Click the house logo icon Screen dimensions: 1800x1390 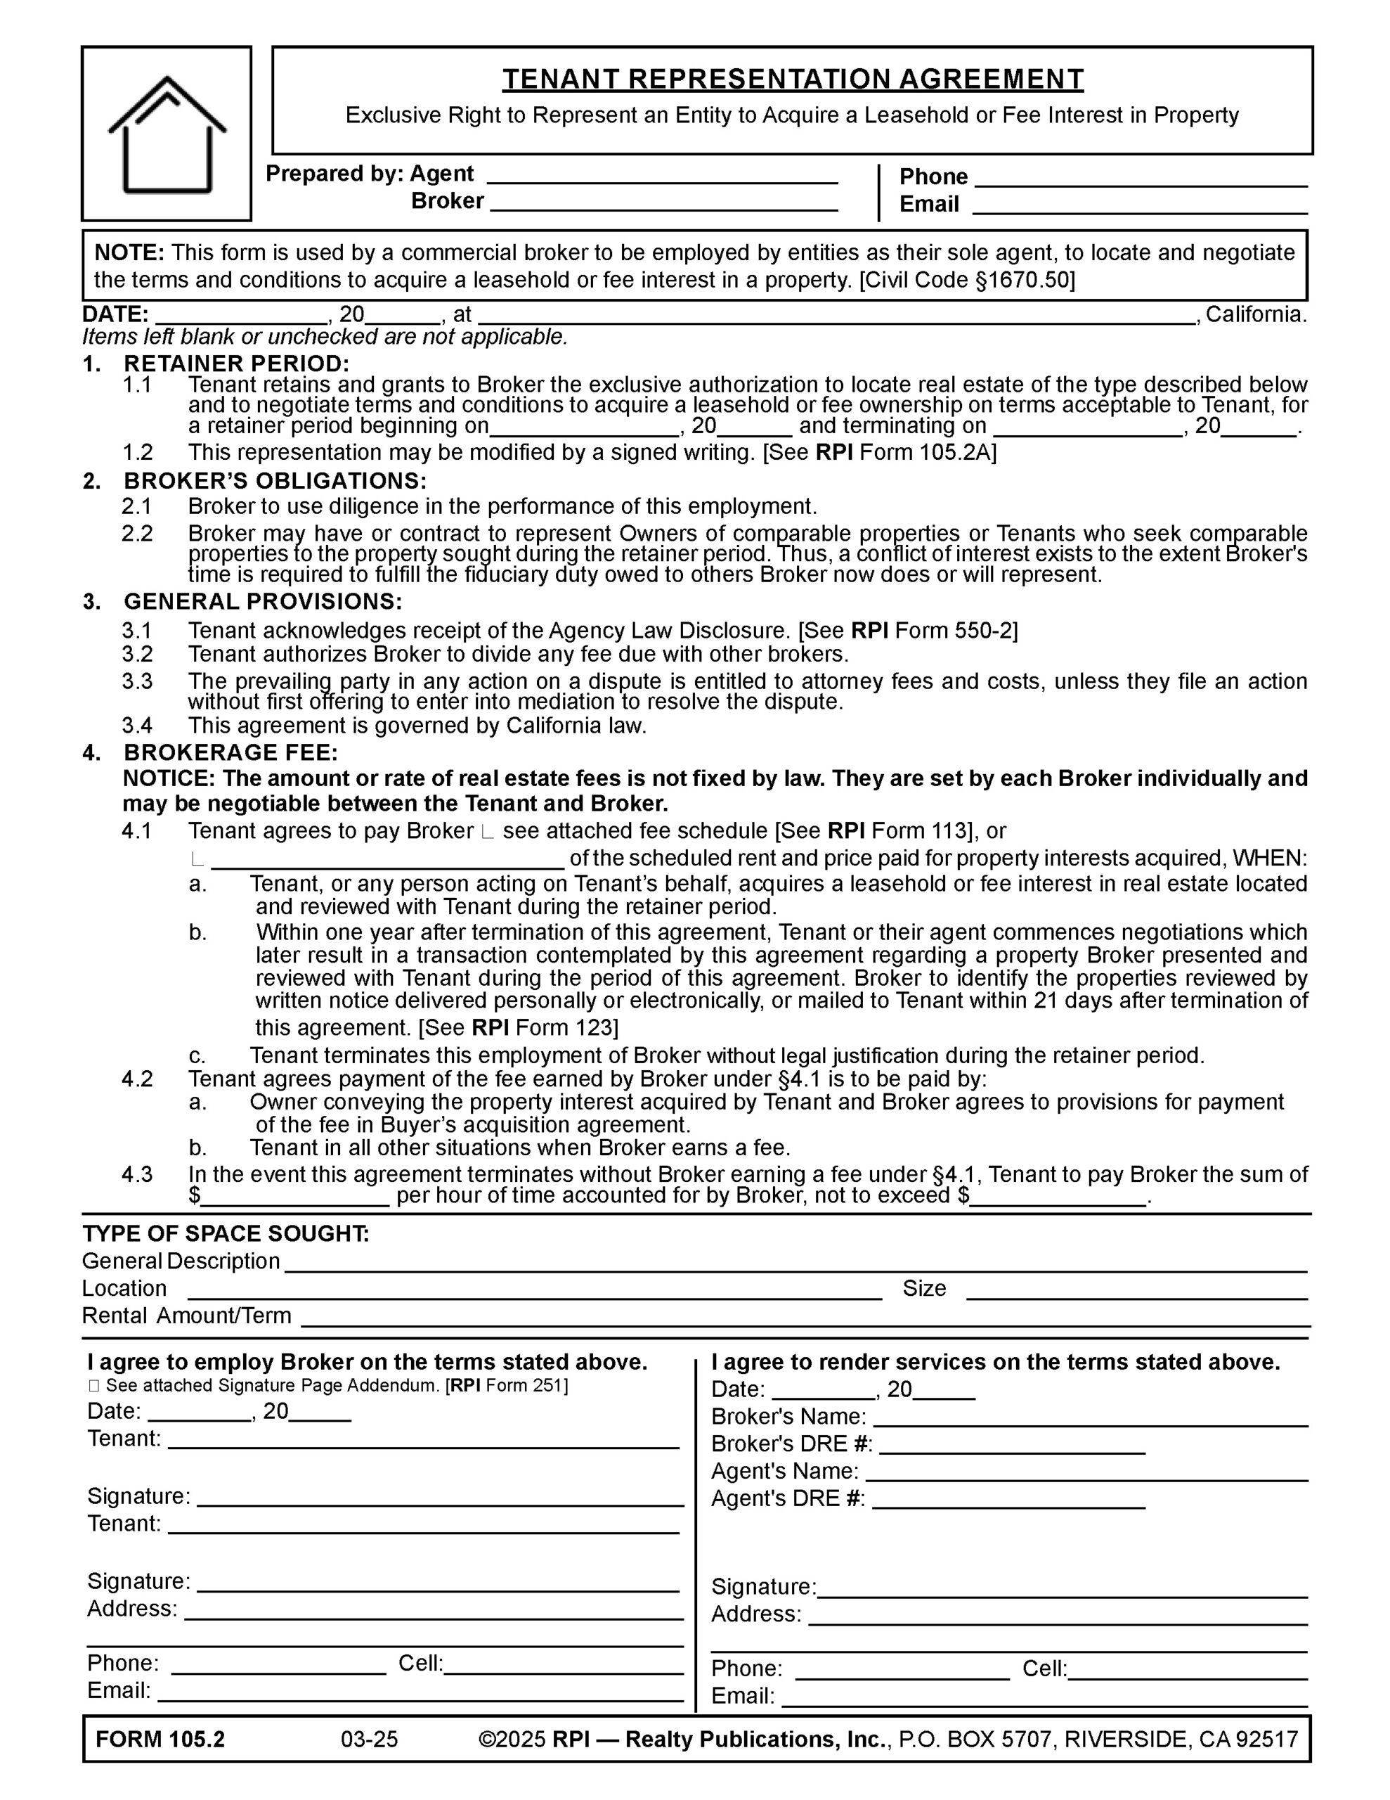(x=167, y=134)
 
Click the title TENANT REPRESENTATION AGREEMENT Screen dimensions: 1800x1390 (x=792, y=79)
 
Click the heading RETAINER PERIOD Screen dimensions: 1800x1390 (x=237, y=364)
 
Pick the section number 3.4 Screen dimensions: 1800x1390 (x=138, y=726)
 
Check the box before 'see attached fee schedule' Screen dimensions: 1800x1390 (x=487, y=832)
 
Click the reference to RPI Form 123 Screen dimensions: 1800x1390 (x=544, y=1028)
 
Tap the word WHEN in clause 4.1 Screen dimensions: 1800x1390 (x=1269, y=858)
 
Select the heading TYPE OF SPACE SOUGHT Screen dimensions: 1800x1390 (x=226, y=1234)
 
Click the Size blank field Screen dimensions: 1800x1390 (x=1136, y=1290)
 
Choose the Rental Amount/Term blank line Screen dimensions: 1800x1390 (x=803, y=1317)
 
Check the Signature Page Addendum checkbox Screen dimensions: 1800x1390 (x=93, y=1387)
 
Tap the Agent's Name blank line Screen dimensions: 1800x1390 (x=1086, y=1472)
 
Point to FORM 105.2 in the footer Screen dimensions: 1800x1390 (x=160, y=1739)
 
